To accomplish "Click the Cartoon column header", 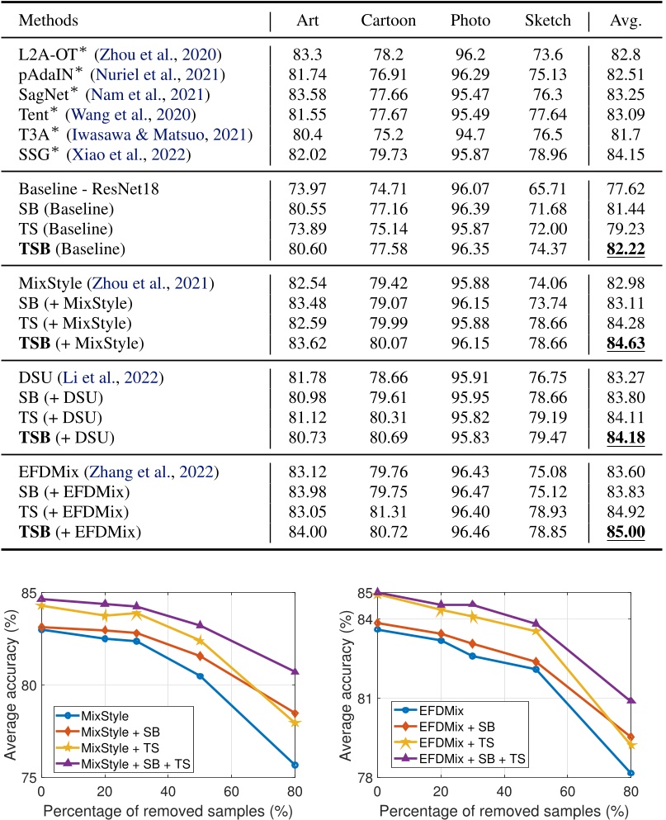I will tap(389, 20).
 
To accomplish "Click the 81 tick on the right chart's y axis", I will tap(361, 698).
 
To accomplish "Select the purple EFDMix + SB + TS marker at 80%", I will tap(631, 700).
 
